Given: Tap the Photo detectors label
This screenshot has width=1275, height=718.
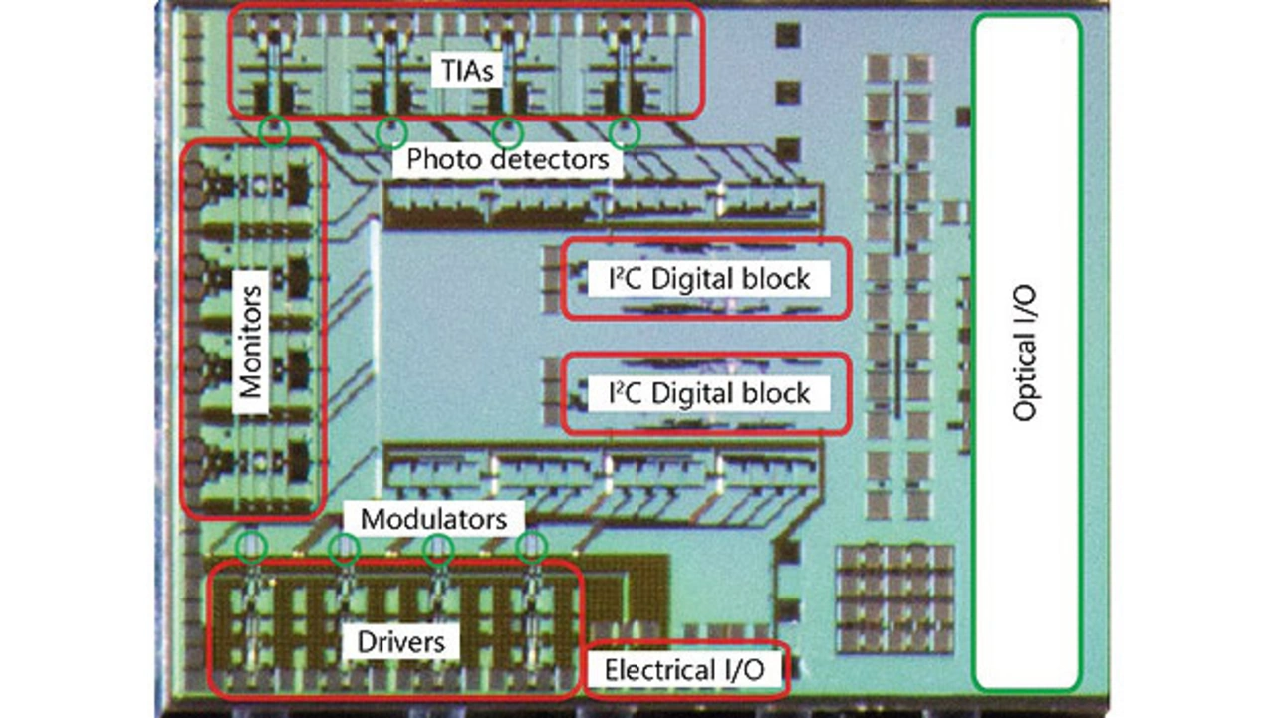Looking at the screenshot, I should pos(508,159).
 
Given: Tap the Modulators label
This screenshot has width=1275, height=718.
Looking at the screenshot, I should pos(433,518).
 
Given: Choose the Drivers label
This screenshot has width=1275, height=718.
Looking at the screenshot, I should pos(401,641).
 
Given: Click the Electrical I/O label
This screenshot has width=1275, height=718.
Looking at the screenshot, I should pos(685,670).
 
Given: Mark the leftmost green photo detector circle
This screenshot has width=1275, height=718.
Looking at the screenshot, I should pos(275,130).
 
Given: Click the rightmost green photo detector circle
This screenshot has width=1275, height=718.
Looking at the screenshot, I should pos(625,130).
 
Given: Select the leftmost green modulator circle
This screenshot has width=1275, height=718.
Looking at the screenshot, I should pos(252,546).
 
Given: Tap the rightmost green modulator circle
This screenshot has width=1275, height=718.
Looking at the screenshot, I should pos(532,546).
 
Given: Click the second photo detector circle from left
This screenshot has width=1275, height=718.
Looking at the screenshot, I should pos(391,130).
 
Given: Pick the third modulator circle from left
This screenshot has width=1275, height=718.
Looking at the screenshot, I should pos(437,548).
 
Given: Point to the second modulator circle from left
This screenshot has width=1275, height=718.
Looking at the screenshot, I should pos(345,548).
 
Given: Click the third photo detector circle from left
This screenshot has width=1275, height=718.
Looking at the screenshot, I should pos(508,130).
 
